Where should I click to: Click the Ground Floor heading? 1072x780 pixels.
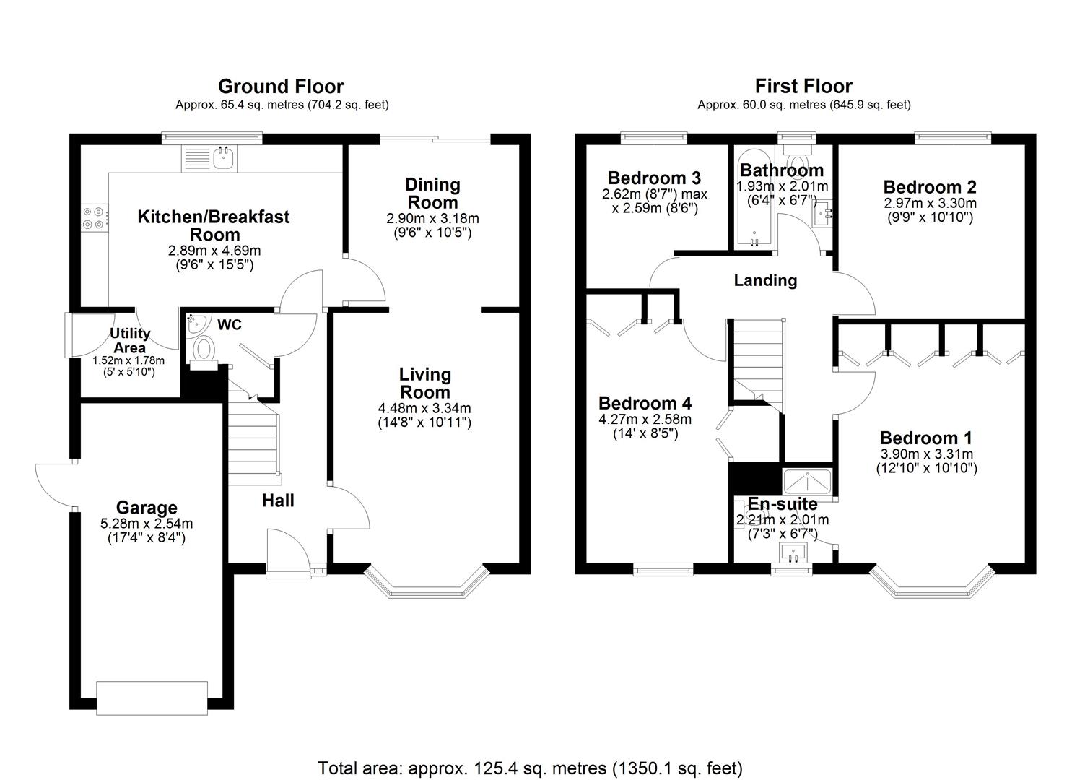click(281, 87)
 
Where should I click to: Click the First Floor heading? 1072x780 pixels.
click(803, 87)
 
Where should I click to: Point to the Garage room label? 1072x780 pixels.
click(147, 508)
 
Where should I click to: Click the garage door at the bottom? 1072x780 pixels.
click(152, 697)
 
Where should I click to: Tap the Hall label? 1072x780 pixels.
click(278, 500)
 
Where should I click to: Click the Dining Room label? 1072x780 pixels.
click(432, 193)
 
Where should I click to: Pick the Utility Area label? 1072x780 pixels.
click(129, 340)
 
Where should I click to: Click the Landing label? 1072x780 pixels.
click(765, 280)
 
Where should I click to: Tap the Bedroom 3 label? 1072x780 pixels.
click(654, 178)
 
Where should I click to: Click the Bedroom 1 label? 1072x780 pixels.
click(925, 438)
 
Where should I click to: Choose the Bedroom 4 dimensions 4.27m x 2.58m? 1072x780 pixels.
click(645, 420)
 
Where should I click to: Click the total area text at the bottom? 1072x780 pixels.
click(530, 768)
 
